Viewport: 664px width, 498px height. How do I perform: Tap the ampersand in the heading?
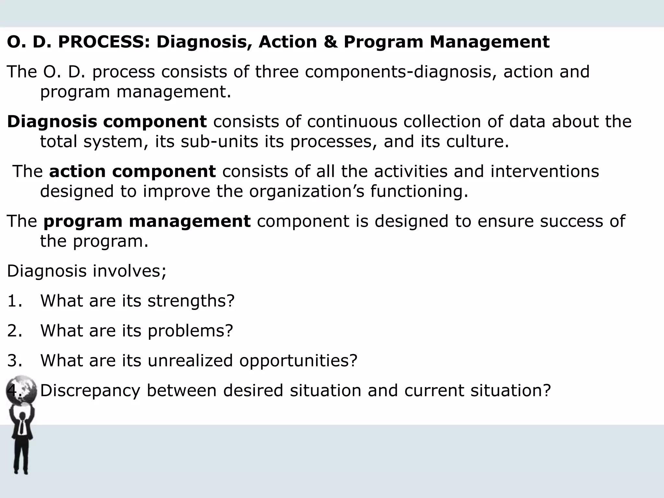(330, 42)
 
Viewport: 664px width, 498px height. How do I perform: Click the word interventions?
(544, 171)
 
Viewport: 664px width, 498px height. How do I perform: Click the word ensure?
(505, 221)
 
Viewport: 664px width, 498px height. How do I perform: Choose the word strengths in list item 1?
(191, 301)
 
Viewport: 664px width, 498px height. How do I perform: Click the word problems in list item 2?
(190, 331)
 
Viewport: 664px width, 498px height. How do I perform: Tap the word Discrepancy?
(90, 390)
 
